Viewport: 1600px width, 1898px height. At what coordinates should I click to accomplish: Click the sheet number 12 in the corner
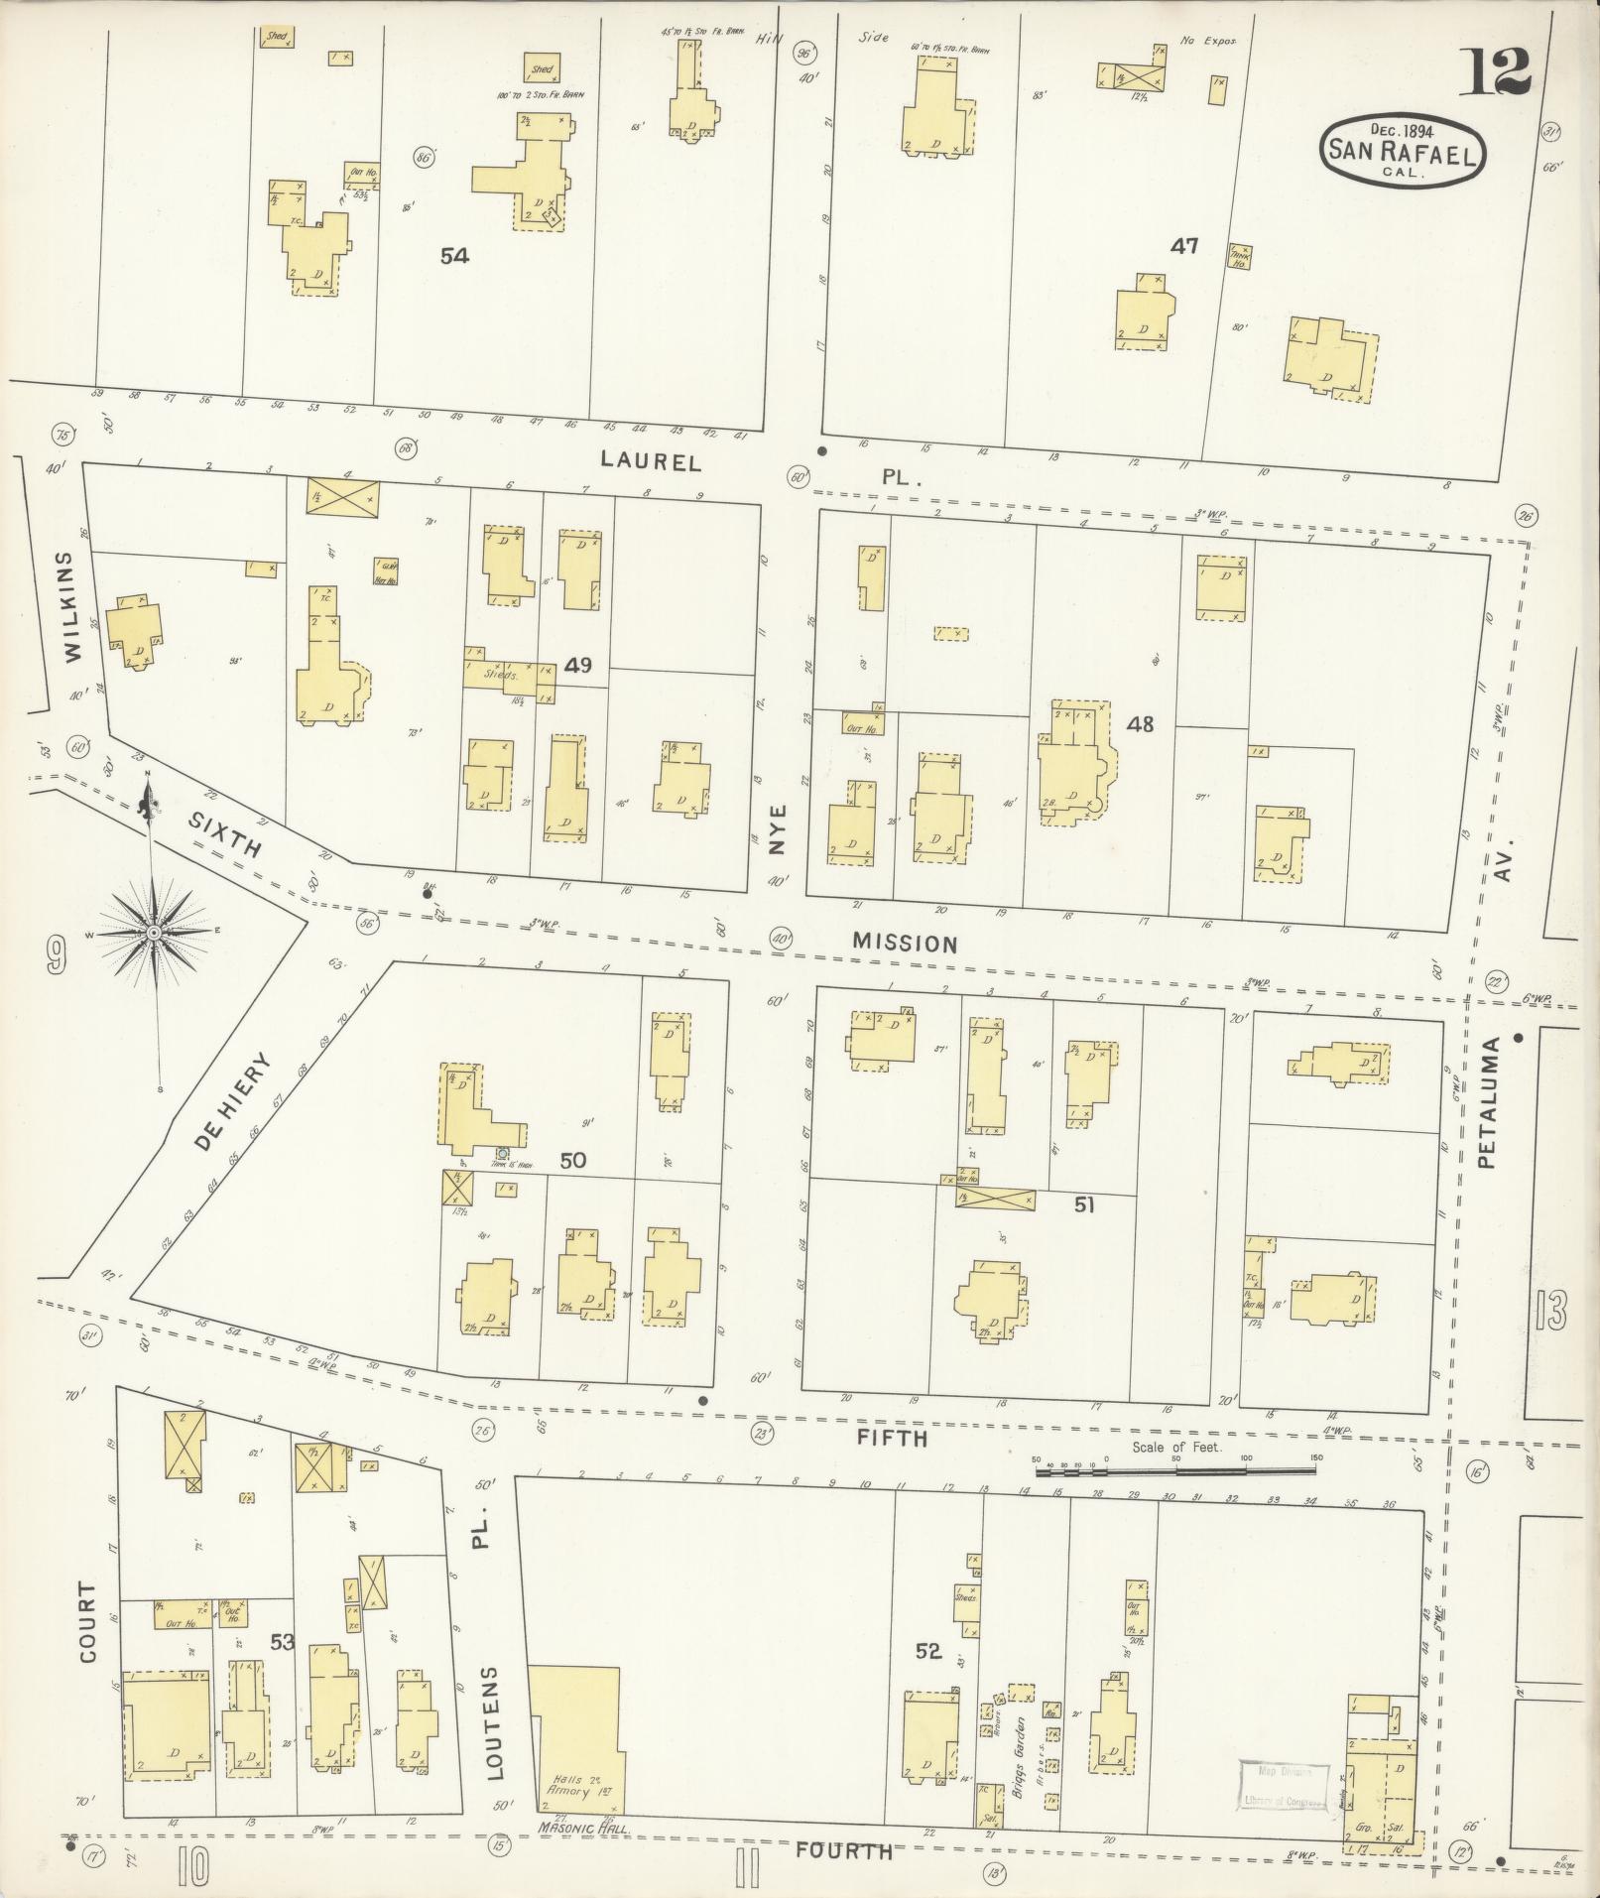coord(1494,70)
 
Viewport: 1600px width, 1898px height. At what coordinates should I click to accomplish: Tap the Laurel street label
coord(652,461)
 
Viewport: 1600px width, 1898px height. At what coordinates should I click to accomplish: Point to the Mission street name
coord(906,943)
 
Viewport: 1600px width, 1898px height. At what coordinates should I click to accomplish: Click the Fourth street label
coord(844,1850)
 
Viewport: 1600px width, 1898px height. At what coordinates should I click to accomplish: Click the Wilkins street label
coord(67,606)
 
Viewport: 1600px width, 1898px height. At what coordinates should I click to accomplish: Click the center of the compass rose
coord(155,933)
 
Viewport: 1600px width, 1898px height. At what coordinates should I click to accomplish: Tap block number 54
coord(454,256)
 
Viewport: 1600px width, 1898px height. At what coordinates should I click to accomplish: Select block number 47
coord(1184,246)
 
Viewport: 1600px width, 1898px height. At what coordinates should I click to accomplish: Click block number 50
coord(572,1160)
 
